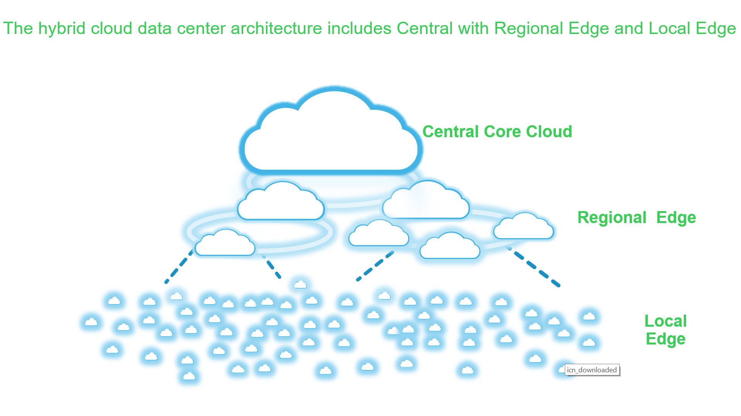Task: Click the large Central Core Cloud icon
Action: [331, 135]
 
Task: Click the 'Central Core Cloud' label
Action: [497, 132]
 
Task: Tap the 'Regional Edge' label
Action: [636, 218]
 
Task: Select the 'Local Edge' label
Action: [665, 330]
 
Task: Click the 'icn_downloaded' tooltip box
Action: [592, 370]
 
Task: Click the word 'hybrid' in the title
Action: [61, 29]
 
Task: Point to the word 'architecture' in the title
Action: [276, 29]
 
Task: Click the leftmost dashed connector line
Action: [179, 266]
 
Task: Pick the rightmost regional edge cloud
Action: [523, 227]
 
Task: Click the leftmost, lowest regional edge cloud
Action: [225, 244]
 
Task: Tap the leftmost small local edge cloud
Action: [91, 322]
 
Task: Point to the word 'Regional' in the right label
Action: [612, 218]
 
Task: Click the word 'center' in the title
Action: [201, 29]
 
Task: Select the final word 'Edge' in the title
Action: [715, 29]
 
